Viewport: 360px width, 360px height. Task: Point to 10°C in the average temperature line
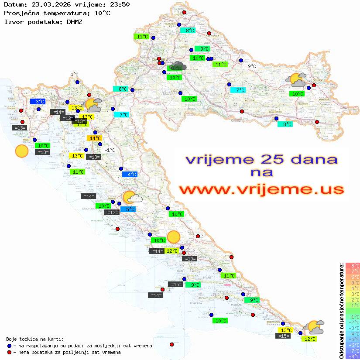click(x=102, y=13)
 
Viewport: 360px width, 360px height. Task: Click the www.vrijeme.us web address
click(x=261, y=189)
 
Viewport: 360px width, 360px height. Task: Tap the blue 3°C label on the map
click(x=38, y=102)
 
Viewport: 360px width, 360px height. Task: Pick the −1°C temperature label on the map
click(x=110, y=150)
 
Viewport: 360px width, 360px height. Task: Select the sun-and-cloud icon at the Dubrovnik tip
click(x=314, y=326)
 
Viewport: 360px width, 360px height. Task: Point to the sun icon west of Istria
click(x=21, y=151)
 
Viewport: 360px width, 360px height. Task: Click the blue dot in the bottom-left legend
click(x=10, y=346)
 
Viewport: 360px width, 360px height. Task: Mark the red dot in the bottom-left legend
click(x=10, y=352)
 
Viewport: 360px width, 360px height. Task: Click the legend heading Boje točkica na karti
click(x=35, y=339)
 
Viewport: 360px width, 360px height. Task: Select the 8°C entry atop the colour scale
click(x=353, y=265)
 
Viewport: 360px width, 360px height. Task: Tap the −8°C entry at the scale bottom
click(x=353, y=356)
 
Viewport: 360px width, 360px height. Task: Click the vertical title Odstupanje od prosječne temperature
click(x=341, y=311)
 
